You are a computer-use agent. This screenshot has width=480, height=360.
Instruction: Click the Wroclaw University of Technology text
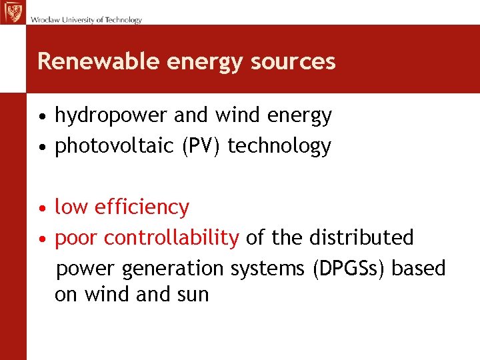coord(86,20)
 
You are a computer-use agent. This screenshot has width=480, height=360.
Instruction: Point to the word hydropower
coord(111,116)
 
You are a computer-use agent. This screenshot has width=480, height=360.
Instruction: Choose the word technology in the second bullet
coord(279,146)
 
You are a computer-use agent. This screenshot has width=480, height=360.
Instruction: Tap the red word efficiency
coord(142,207)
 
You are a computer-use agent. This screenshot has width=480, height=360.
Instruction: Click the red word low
coord(72,207)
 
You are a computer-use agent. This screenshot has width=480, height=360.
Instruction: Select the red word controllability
coord(172,237)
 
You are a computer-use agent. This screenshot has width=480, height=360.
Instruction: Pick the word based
coord(418,268)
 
